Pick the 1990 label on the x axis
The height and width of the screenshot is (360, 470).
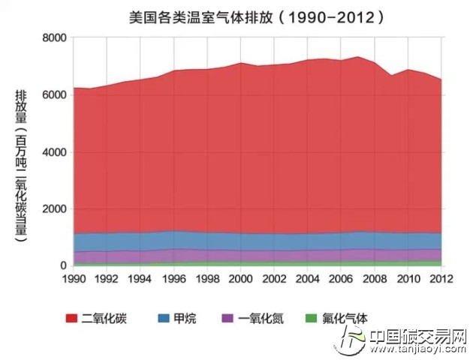point(74,279)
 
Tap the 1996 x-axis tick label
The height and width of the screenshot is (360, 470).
point(174,279)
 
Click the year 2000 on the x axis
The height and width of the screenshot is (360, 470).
point(240,279)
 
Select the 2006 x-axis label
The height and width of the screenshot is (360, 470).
point(341,279)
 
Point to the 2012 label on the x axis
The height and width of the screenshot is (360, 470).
point(441,279)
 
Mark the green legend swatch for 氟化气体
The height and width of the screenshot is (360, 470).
point(306,318)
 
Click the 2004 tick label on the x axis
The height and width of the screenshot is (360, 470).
point(307,279)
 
